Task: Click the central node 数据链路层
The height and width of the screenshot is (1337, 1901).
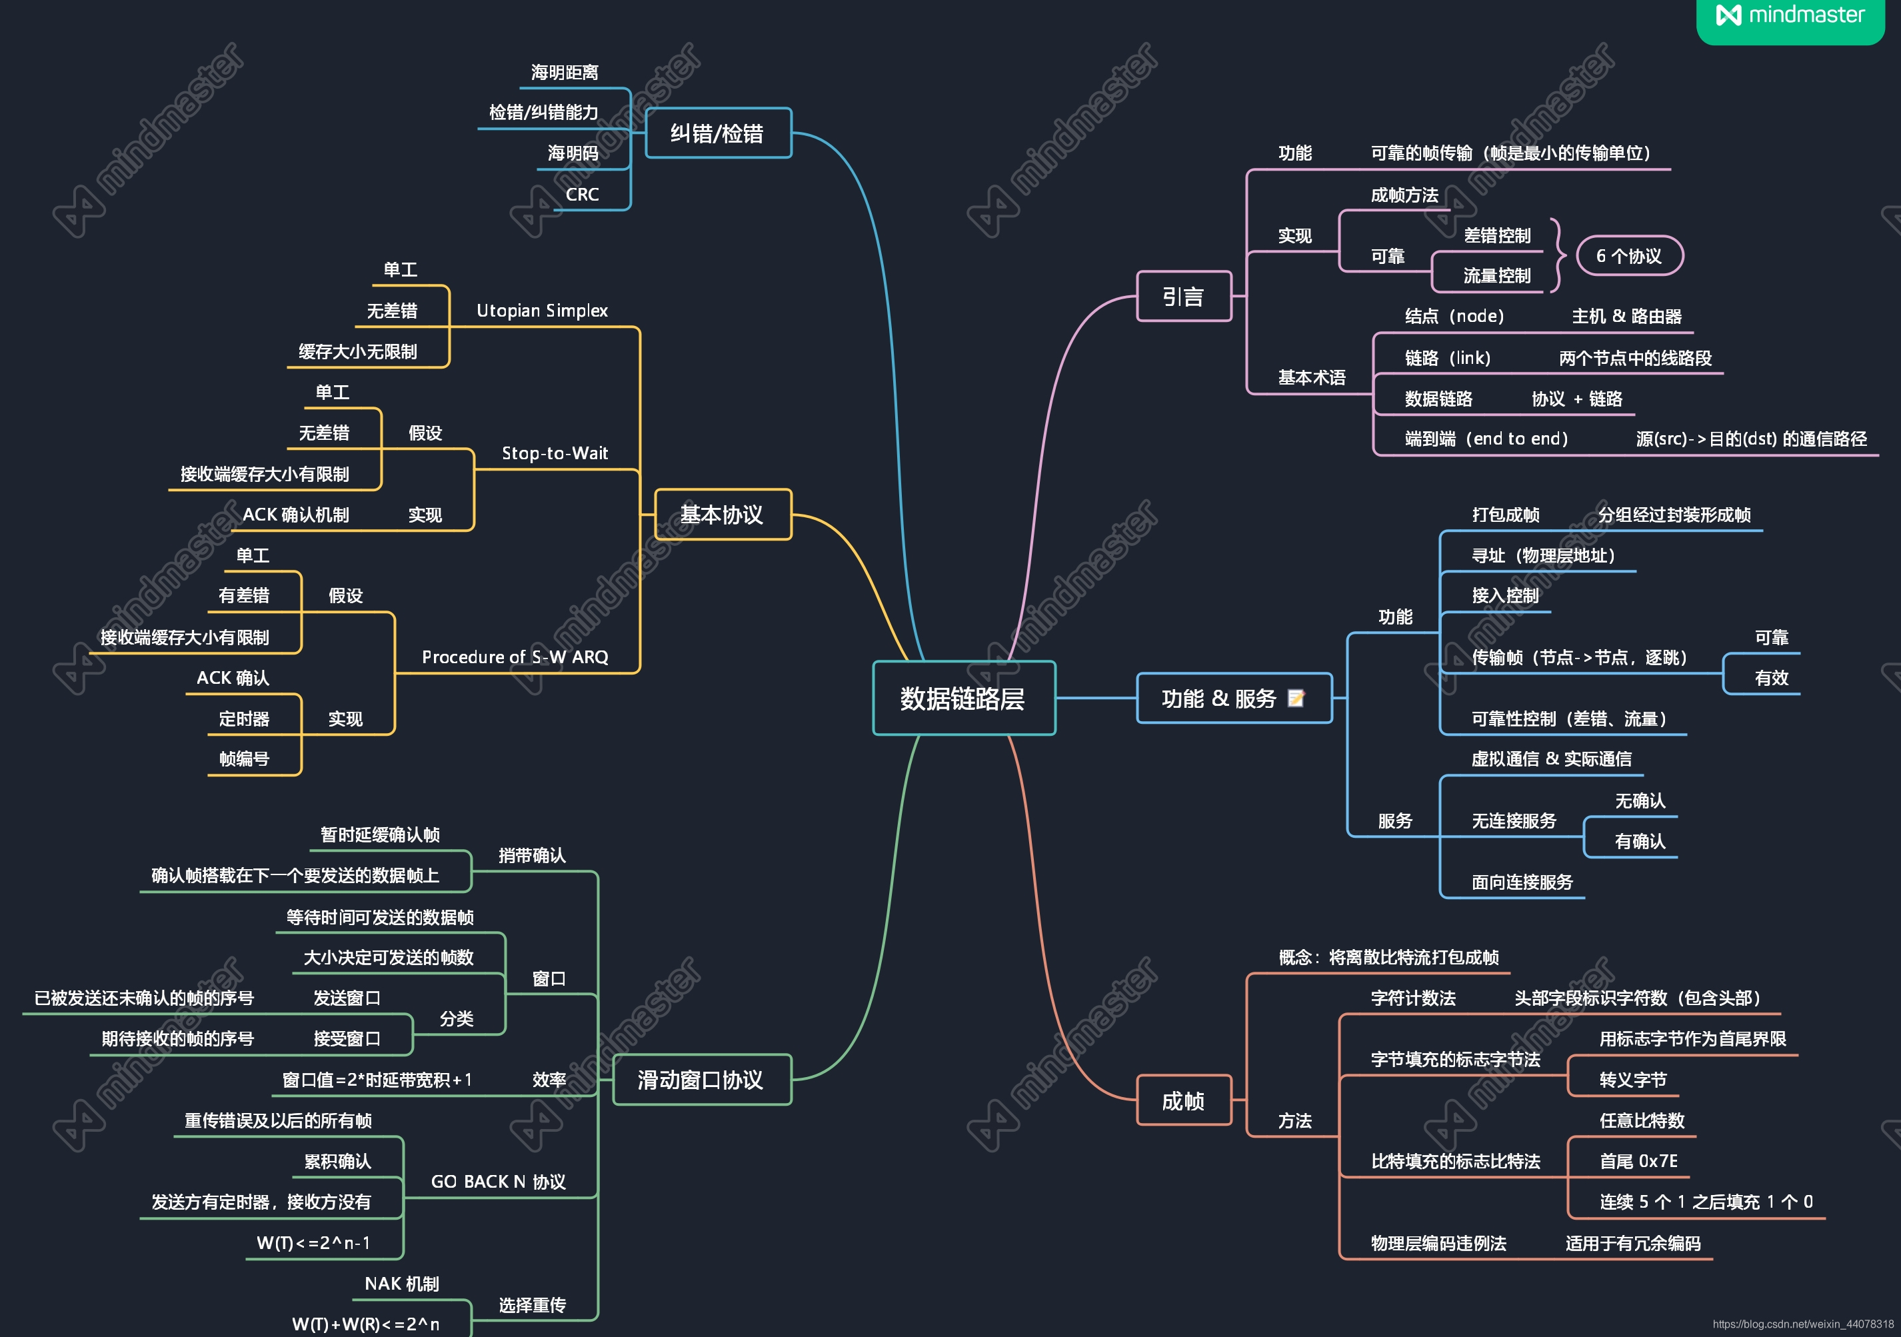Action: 963,698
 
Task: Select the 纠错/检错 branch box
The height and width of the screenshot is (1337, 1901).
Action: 717,133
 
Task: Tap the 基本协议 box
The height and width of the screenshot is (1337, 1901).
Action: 722,515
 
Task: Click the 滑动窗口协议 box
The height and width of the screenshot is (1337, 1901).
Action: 701,1080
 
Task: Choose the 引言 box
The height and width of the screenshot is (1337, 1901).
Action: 1183,297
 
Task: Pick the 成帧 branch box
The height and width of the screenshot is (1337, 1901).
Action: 1183,1100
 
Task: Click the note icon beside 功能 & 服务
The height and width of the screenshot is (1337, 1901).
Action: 1296,698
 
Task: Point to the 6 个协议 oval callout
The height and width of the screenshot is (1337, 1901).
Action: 1628,256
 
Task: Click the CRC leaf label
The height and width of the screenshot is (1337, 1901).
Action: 582,195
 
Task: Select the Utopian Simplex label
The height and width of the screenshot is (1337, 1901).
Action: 543,311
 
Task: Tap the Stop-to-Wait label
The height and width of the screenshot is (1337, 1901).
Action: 555,453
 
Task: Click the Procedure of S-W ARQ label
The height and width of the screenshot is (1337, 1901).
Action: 515,657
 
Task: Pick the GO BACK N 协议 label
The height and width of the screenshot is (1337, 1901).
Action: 499,1181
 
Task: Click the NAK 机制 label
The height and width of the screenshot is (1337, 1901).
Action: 401,1283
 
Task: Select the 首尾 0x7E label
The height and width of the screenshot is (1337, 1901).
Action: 1638,1160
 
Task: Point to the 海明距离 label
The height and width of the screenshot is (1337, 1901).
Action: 565,73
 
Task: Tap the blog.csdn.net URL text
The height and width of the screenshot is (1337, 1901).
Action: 1802,1324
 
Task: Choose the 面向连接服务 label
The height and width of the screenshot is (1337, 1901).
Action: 1522,882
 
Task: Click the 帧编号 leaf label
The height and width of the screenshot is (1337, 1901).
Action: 244,759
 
